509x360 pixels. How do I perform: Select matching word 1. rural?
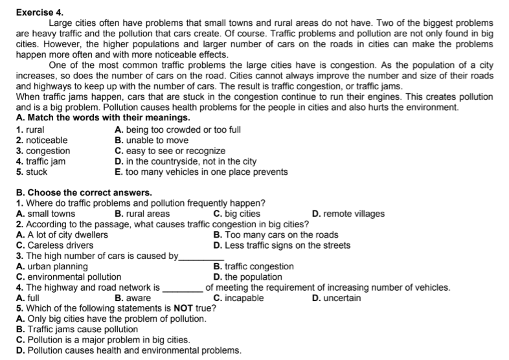30,129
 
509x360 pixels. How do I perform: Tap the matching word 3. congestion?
43,151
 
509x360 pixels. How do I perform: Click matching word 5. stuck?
31,172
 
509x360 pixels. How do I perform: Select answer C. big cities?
236,214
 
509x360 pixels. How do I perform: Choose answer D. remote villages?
348,214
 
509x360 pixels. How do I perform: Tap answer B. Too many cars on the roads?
275,235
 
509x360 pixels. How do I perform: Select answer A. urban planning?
52,267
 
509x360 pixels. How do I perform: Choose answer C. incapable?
238,298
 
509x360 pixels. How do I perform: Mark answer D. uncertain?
336,298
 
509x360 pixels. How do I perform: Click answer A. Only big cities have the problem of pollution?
111,319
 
